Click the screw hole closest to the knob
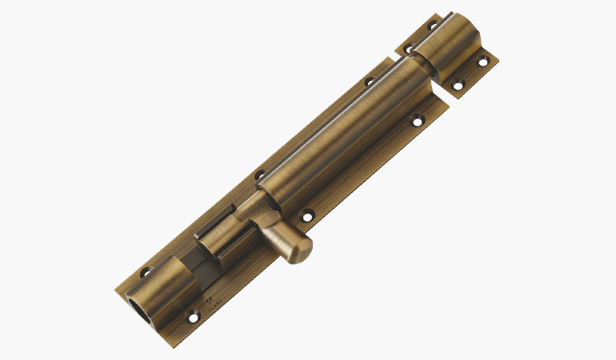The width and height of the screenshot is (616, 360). [306, 214]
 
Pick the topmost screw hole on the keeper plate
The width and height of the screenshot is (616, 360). [433, 26]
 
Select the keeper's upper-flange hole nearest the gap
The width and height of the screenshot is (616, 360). [406, 49]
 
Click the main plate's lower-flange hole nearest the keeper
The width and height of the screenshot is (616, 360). [417, 122]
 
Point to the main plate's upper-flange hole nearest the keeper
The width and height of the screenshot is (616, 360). [370, 81]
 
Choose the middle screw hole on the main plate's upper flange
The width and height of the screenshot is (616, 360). [259, 175]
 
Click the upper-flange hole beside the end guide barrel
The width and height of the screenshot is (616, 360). [146, 272]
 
